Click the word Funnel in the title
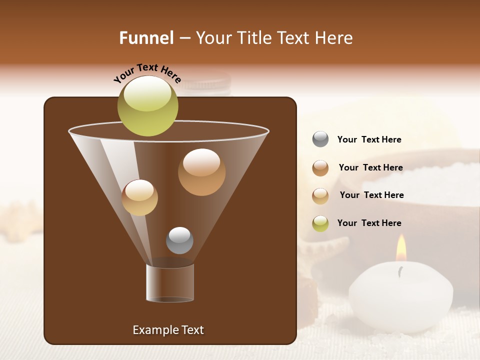[x=146, y=38]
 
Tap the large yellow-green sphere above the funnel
[x=147, y=106]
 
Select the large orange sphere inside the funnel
[x=201, y=172]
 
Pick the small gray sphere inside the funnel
[x=179, y=240]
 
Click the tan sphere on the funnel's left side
[x=139, y=197]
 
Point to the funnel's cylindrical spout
[x=170, y=283]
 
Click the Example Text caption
[x=168, y=330]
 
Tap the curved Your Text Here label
[x=147, y=73]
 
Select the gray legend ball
[x=320, y=139]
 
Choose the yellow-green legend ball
[x=320, y=223]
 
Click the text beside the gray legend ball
[x=369, y=140]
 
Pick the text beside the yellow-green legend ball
[x=369, y=223]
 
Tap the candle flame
[x=401, y=248]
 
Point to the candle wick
[x=400, y=271]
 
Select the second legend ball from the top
[x=320, y=168]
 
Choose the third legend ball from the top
[x=320, y=196]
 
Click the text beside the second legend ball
[x=370, y=168]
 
